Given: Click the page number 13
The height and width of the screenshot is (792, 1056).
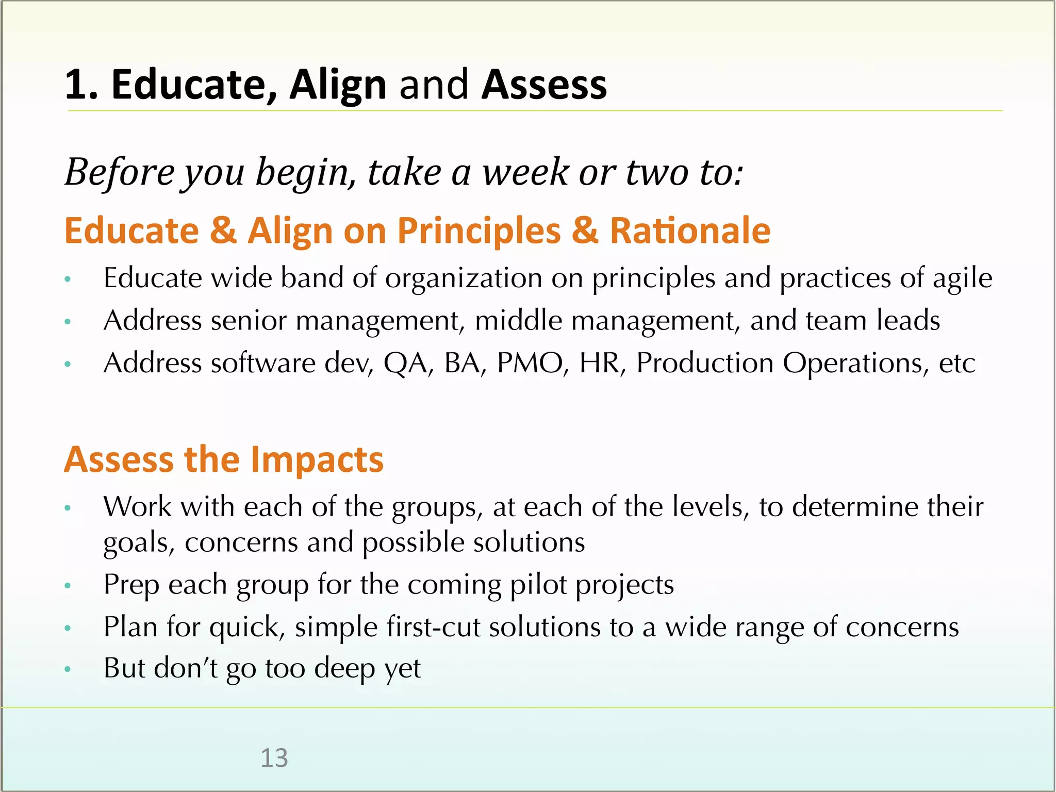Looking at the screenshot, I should coord(274,758).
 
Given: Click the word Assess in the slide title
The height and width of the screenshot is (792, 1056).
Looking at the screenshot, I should coord(544,85).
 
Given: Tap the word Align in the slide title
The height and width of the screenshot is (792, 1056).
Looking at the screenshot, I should coord(338,85).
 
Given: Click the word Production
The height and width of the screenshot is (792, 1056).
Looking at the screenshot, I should coord(705,363).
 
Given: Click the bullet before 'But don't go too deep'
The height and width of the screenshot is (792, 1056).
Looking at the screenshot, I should coord(67,669).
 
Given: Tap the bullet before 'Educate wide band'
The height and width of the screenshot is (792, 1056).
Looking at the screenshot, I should coord(67,279).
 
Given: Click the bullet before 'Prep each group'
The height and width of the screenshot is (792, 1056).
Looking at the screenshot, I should coord(67,586).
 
